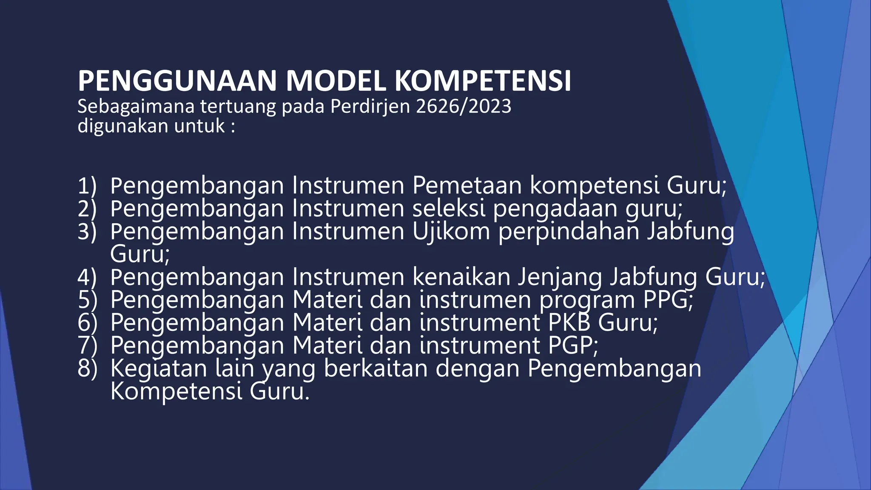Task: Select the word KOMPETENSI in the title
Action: tap(482, 81)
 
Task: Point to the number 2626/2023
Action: tap(463, 106)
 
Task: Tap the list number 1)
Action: tap(87, 186)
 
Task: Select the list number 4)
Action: tap(87, 277)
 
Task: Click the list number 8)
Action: tap(87, 369)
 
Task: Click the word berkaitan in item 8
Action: tap(376, 368)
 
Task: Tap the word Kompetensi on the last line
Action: tap(176, 391)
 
